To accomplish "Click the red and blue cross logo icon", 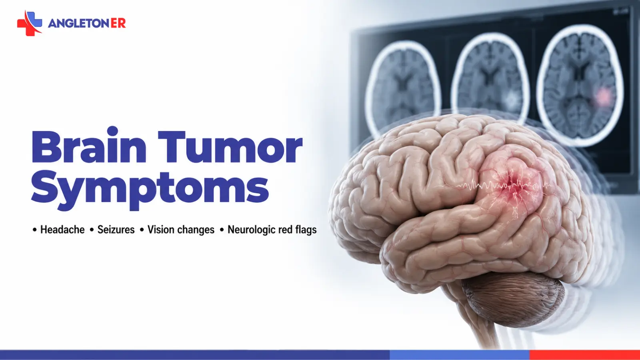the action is tap(30, 23).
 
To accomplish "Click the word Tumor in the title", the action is tap(230, 146).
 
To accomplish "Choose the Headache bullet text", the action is tap(62, 230).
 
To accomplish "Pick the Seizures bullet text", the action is tap(116, 230).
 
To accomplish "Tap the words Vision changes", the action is tap(181, 230).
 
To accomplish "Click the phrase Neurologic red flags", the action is tap(272, 230).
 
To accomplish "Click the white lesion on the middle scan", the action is tap(512, 98).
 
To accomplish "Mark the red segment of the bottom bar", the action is tap(584, 355).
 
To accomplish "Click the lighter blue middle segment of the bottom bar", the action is tap(460, 355).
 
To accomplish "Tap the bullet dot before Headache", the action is tap(34, 230).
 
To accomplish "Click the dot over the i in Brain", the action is tap(112, 131).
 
